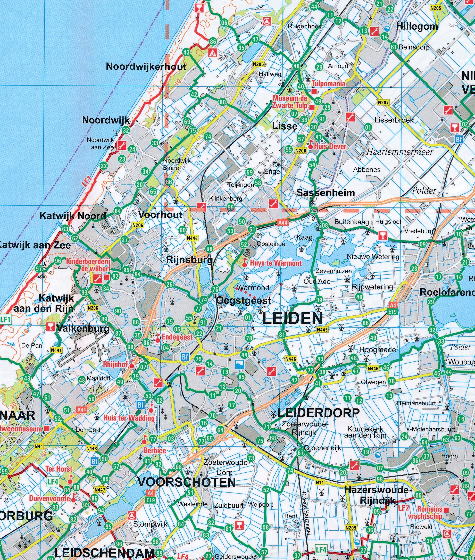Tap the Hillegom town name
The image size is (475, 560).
pyautogui.click(x=417, y=27)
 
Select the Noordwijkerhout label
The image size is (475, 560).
pyautogui.click(x=146, y=66)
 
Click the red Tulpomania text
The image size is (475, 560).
pyautogui.click(x=328, y=84)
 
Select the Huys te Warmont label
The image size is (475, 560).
pyautogui.click(x=276, y=263)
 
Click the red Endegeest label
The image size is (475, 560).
pyautogui.click(x=177, y=337)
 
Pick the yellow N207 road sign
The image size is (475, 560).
pyautogui.click(x=383, y=103)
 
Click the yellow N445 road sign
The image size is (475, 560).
pyautogui.click(x=322, y=330)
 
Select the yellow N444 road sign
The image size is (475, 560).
pyautogui.click(x=192, y=238)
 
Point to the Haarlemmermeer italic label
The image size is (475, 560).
pyautogui.click(x=399, y=152)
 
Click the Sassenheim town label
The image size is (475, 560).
pyautogui.click(x=325, y=193)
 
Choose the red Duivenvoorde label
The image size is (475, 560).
pyautogui.click(x=49, y=498)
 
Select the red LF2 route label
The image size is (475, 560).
pyautogui.click(x=403, y=508)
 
